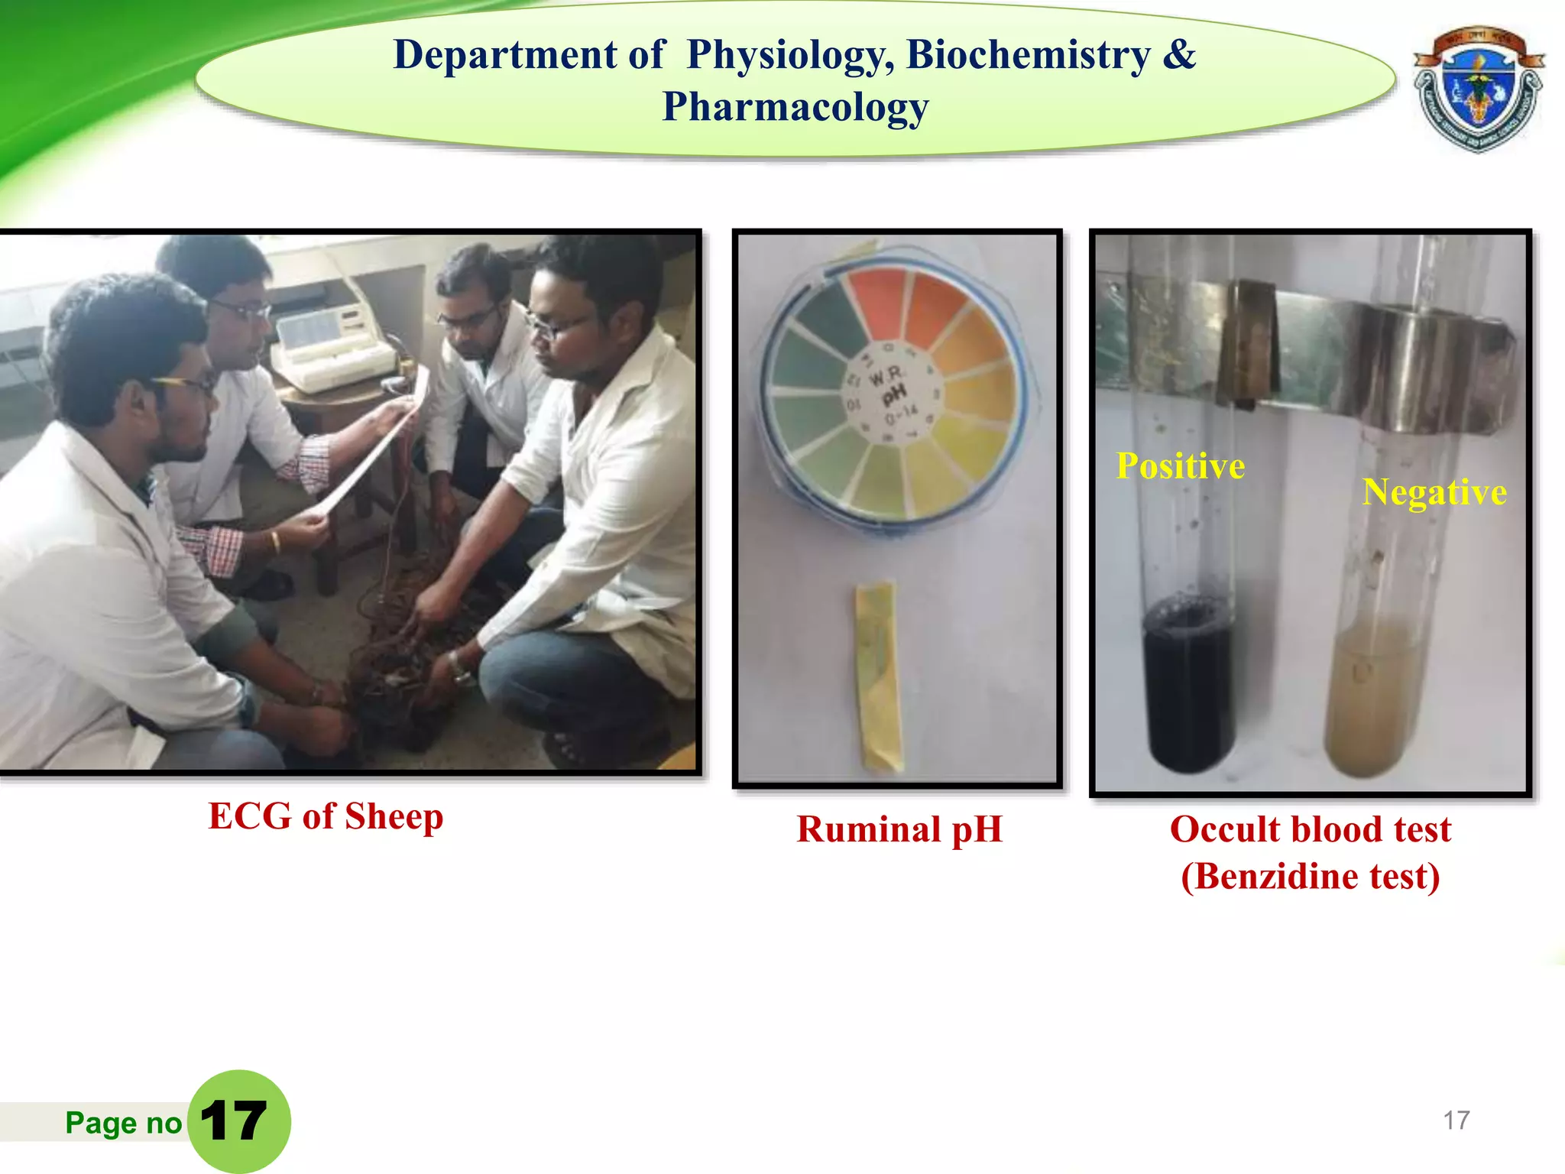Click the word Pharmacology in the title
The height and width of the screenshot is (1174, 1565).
tap(795, 107)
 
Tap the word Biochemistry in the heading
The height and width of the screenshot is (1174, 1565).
tap(1028, 55)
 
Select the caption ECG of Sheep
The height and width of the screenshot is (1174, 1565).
tap(326, 816)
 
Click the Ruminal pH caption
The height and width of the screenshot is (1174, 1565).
tap(899, 829)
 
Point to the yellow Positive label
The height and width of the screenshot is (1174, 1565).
tap(1181, 466)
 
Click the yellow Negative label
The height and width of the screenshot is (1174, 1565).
tap(1434, 492)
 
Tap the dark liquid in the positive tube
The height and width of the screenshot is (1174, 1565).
tap(1188, 688)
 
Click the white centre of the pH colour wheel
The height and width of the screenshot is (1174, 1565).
tap(891, 394)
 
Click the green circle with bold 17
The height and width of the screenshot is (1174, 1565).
tap(238, 1121)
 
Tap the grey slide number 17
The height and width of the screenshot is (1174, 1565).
tap(1456, 1120)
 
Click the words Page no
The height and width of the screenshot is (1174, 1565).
tap(123, 1123)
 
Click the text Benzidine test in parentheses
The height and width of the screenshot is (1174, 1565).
tap(1310, 877)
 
